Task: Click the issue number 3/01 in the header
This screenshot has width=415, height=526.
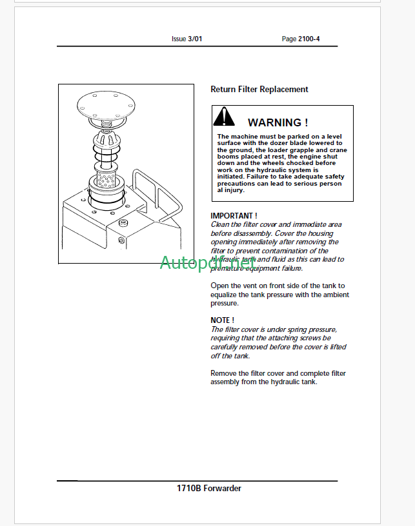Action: (x=195, y=39)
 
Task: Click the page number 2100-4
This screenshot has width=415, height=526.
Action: (x=309, y=39)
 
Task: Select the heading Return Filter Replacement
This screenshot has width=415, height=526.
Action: (x=259, y=90)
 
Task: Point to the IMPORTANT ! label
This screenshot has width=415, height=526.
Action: (x=234, y=215)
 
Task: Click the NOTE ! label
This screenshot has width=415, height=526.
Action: (x=222, y=320)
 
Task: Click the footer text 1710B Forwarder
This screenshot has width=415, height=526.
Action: (x=208, y=488)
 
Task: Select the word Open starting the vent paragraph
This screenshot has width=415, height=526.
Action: (x=219, y=286)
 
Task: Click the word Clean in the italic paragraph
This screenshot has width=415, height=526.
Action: (x=221, y=224)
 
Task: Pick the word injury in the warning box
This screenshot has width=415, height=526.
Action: (x=235, y=190)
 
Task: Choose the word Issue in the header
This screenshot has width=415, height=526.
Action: (x=178, y=39)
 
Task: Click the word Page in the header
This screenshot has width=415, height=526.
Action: (x=289, y=39)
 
